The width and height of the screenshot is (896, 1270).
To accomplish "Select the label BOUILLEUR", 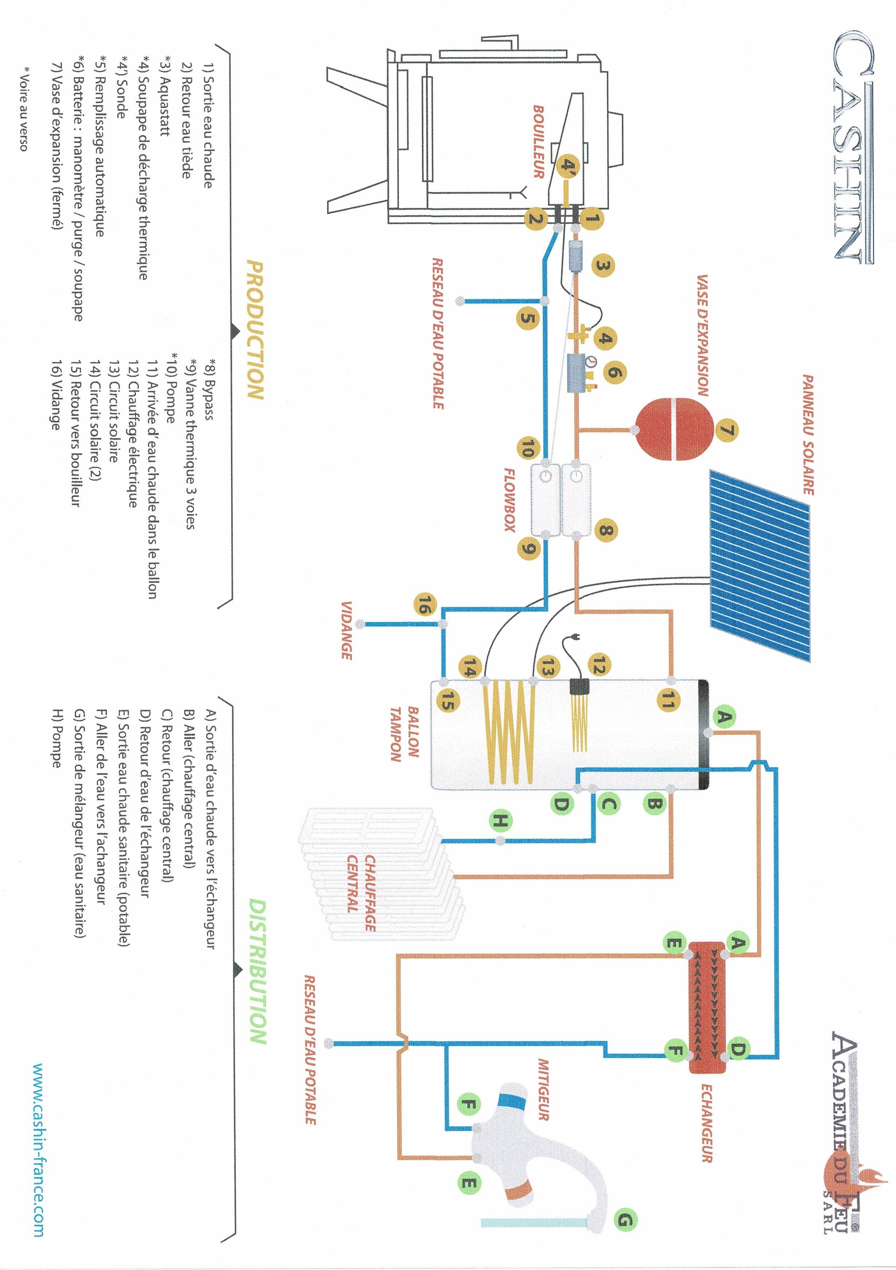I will click(538, 141).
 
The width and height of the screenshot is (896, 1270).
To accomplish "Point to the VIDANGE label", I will click(346, 630).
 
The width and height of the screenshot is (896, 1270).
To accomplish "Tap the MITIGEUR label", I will click(543, 1090).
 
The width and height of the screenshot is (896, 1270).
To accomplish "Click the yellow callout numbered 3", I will click(603, 266).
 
